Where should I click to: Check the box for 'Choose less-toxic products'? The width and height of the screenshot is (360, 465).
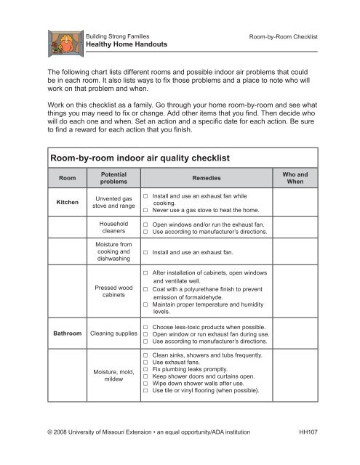pos(146,328)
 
